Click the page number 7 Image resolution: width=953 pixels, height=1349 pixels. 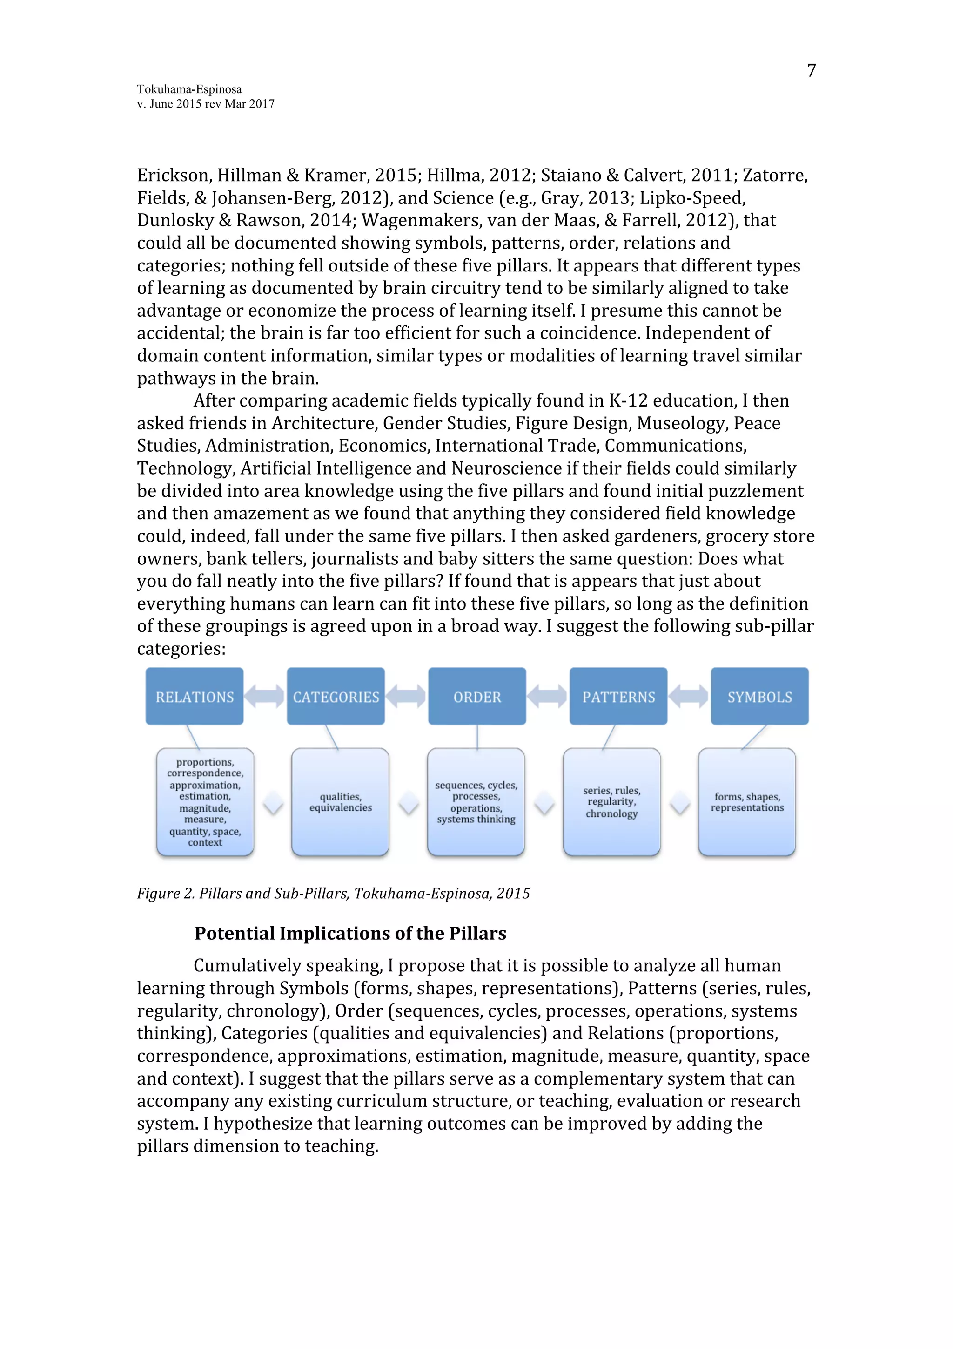(x=811, y=70)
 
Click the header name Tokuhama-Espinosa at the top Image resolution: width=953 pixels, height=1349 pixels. (x=189, y=89)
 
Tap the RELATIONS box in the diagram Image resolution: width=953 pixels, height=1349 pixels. (x=195, y=697)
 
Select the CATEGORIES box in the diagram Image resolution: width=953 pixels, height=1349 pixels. (x=336, y=697)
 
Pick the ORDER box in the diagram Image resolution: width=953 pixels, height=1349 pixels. (x=477, y=697)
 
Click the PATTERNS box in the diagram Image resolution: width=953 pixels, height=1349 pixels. (x=618, y=697)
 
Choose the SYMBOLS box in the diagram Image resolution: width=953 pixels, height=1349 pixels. (x=759, y=697)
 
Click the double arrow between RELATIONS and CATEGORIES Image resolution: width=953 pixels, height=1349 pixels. (x=265, y=697)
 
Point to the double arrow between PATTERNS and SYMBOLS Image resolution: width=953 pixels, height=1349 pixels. (x=689, y=697)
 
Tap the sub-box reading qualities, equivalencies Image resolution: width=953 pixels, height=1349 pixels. (x=341, y=802)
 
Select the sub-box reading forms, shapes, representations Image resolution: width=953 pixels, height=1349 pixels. (x=747, y=802)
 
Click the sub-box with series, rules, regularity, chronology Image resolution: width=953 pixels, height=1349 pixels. (x=612, y=802)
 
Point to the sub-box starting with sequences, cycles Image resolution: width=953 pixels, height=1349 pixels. (x=476, y=802)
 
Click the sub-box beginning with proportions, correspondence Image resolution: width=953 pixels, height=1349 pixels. (x=205, y=802)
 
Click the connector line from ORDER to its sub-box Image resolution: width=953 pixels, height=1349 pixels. (x=477, y=737)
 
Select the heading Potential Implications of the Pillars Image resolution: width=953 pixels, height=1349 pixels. (x=350, y=934)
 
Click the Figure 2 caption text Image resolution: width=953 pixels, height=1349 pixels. (x=333, y=894)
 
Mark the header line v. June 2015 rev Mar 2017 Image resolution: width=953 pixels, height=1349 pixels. (x=206, y=104)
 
